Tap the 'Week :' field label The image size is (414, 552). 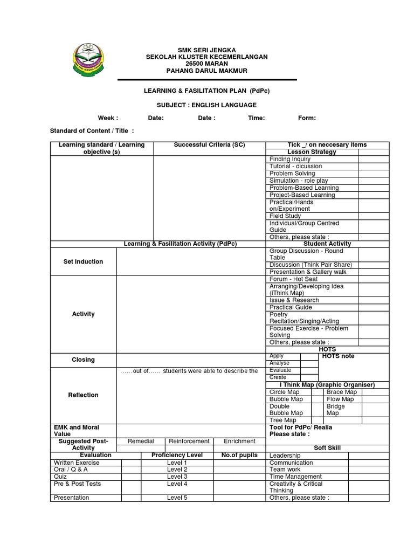(108, 118)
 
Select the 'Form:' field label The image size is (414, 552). (307, 118)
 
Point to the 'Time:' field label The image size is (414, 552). (256, 118)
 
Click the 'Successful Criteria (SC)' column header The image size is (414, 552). (209, 145)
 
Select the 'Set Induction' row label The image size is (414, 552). (83, 261)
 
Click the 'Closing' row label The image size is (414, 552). (83, 360)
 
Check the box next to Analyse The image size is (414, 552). (309, 363)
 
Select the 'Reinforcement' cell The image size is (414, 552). (189, 441)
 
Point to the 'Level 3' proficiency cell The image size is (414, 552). (177, 477)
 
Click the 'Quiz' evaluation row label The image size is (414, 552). (60, 477)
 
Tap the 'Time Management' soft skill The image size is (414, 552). (295, 477)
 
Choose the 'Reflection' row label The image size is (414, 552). (83, 395)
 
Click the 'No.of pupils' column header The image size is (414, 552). (240, 455)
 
